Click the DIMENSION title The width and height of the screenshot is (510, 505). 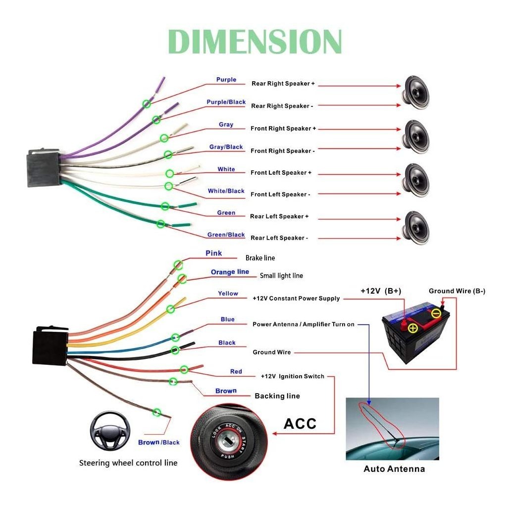[x=255, y=42]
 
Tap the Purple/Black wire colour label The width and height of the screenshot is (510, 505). [x=226, y=102]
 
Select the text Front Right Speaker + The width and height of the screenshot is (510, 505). [x=283, y=128]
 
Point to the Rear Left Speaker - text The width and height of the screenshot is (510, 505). [x=279, y=238]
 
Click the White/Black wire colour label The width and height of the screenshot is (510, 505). [x=226, y=191]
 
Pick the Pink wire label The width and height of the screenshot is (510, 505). [x=214, y=253]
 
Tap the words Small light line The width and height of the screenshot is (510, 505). [x=281, y=276]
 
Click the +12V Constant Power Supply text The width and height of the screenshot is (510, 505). [x=296, y=299]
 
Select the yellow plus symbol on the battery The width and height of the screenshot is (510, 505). [x=413, y=328]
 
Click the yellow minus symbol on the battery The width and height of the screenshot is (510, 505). [x=436, y=313]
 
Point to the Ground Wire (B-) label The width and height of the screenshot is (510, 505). [x=457, y=291]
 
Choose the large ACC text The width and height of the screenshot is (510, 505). [x=300, y=424]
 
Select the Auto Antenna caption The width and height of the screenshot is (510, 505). [x=394, y=469]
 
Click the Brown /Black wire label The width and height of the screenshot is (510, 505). [x=159, y=443]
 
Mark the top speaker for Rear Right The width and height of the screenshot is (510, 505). [x=416, y=93]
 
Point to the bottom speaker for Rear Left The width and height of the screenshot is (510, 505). [x=416, y=228]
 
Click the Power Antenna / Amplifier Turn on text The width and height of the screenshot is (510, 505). [x=304, y=324]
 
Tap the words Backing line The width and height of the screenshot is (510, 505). [x=277, y=396]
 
